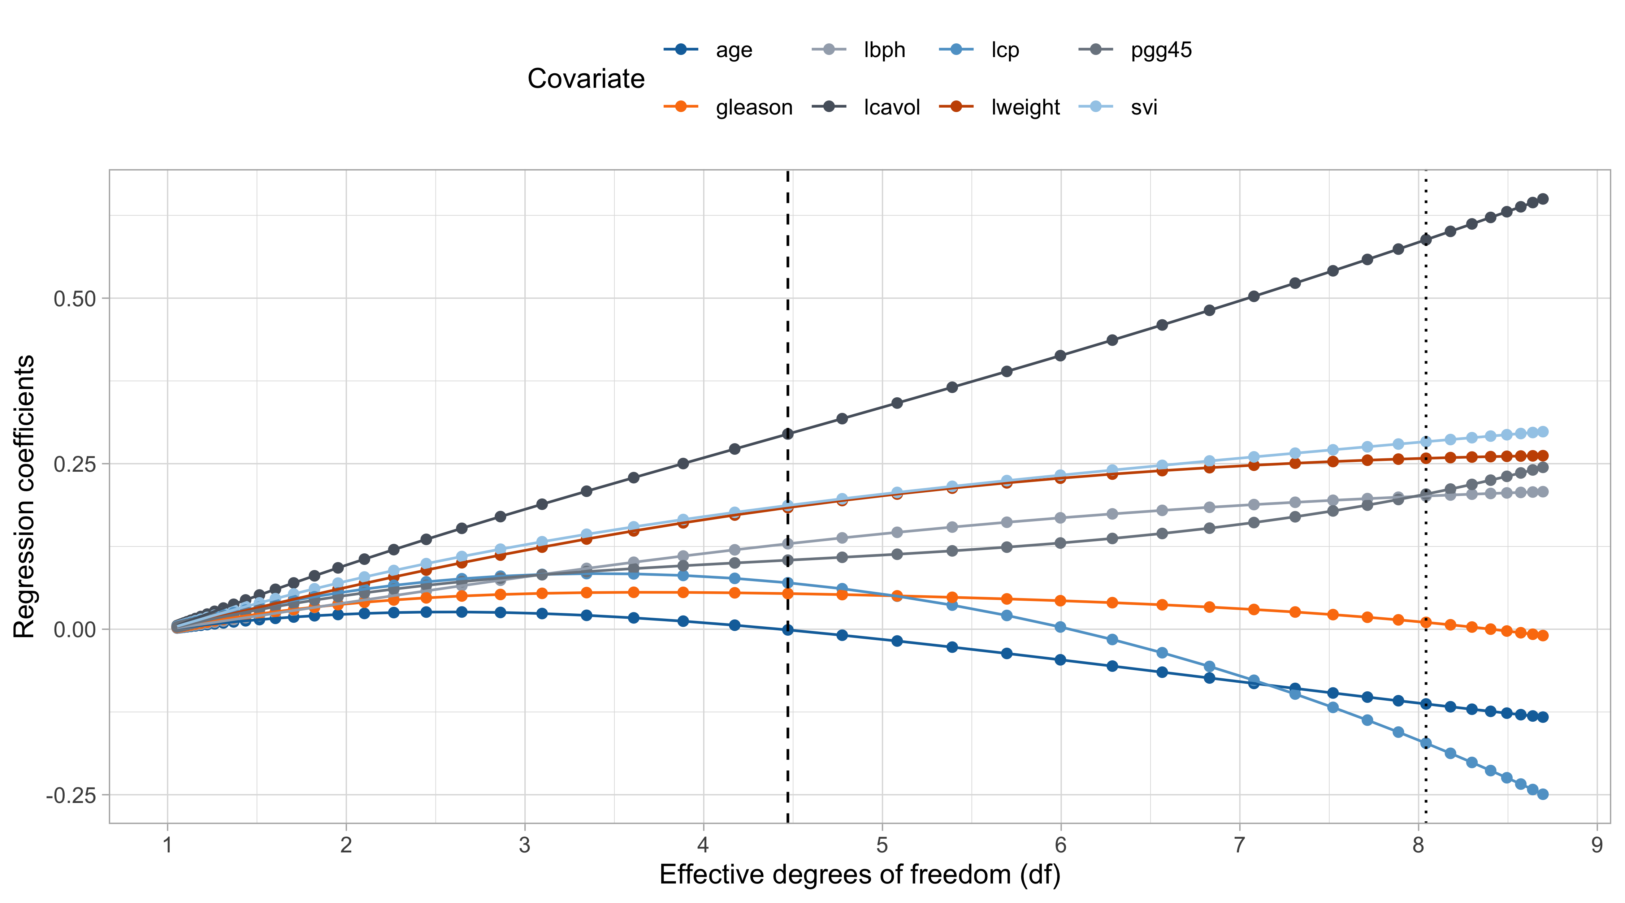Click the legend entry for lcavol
coord(891,107)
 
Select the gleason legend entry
coord(754,107)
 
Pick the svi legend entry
coord(1144,107)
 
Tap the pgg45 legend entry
coord(1161,50)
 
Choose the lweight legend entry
coord(1025,107)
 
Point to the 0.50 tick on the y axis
coord(74,298)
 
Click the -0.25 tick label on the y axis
coord(71,795)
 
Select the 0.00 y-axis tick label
coord(74,629)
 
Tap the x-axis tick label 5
coord(882,845)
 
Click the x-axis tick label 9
coord(1596,845)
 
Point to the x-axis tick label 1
coord(167,845)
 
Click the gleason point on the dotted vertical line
coord(1426,622)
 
